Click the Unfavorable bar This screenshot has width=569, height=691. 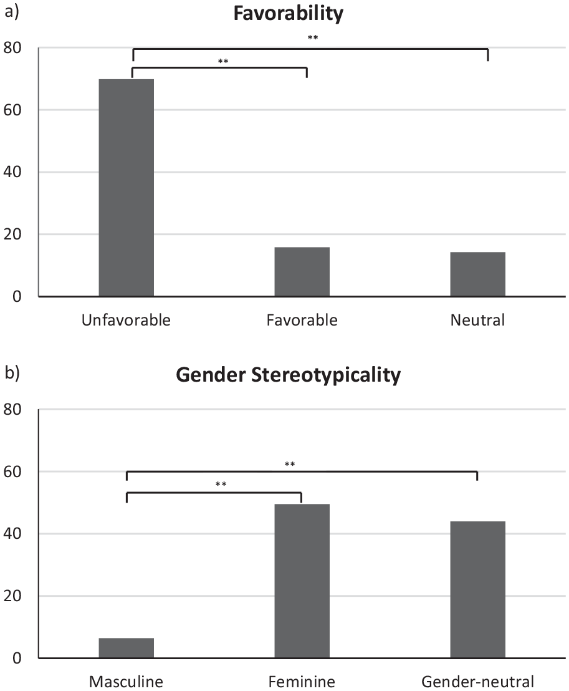[127, 188]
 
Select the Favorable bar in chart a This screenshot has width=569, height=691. [302, 271]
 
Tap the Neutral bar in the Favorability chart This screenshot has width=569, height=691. [478, 274]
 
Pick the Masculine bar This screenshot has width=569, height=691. [127, 648]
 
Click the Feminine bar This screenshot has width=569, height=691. [302, 581]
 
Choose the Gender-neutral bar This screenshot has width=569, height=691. [478, 589]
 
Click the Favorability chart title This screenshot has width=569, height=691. [289, 14]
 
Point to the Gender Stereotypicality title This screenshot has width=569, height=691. [289, 375]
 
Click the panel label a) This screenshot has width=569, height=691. [12, 12]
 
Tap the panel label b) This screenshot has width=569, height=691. [12, 373]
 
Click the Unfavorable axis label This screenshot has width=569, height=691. [126, 320]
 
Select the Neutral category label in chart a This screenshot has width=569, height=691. [477, 320]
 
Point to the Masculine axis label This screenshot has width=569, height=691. [126, 682]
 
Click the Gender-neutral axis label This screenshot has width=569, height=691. [478, 682]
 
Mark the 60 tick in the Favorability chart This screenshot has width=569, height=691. [12, 110]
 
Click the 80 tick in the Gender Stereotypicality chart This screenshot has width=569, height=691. [12, 409]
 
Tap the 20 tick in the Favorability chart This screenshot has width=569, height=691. [12, 234]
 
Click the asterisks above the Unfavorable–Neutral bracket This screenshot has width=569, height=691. [313, 37]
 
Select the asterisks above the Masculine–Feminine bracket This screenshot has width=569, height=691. [221, 485]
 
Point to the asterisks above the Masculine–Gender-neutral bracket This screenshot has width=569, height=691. [290, 464]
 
